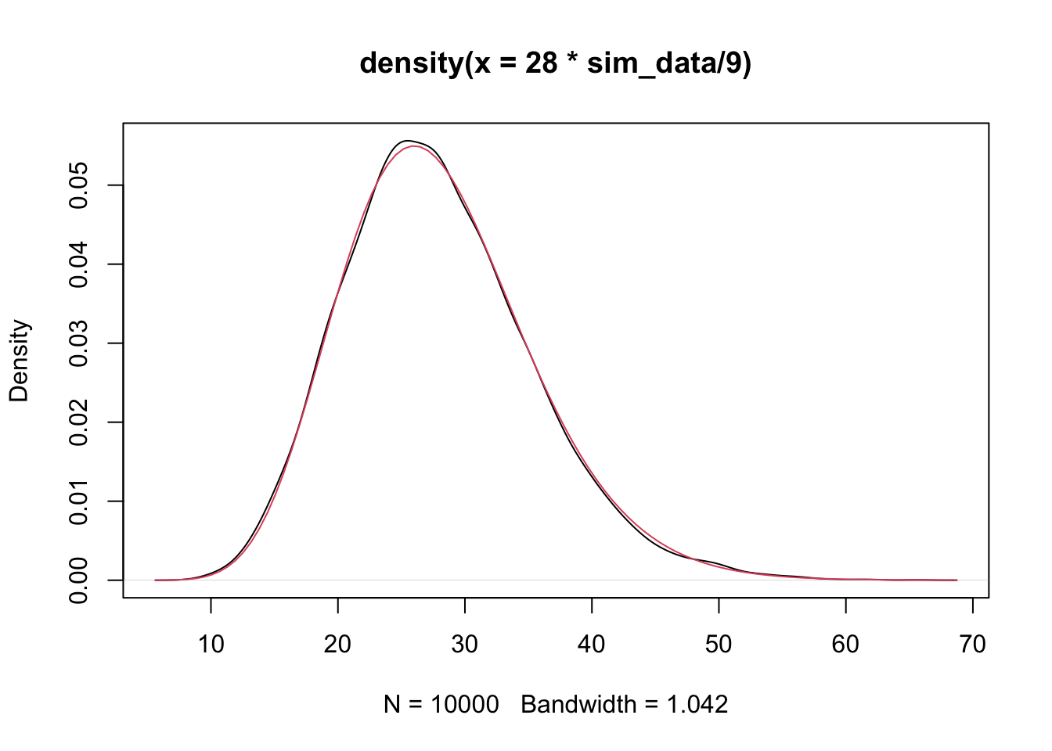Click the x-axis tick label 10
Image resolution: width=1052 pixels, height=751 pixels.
pos(211,644)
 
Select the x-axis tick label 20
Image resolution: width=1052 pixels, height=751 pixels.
pos(337,644)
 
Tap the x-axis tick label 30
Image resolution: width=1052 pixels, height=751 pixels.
pos(465,644)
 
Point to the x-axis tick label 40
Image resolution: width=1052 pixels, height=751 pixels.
pos(592,644)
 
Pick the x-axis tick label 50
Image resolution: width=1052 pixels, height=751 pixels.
pos(719,644)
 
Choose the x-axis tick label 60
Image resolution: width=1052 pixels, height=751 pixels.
pos(845,644)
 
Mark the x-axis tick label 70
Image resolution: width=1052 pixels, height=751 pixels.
pos(972,644)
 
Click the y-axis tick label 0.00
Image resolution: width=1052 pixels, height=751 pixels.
pos(79,580)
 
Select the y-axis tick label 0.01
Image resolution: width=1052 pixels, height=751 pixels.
pos(79,501)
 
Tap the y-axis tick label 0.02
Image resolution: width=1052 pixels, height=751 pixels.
pos(79,422)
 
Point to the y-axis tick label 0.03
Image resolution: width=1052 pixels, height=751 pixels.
pos(79,343)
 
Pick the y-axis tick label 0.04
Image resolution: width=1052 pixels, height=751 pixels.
pos(79,264)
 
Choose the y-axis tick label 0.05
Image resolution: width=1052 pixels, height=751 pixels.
pos(79,185)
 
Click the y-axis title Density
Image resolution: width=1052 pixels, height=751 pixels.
pos(19,361)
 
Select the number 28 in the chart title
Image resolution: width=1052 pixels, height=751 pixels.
pos(541,63)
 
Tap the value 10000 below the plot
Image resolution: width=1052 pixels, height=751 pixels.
pos(464,705)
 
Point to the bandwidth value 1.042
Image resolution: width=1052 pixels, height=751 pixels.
pos(697,705)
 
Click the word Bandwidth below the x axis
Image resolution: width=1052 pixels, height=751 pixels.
pos(578,705)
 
